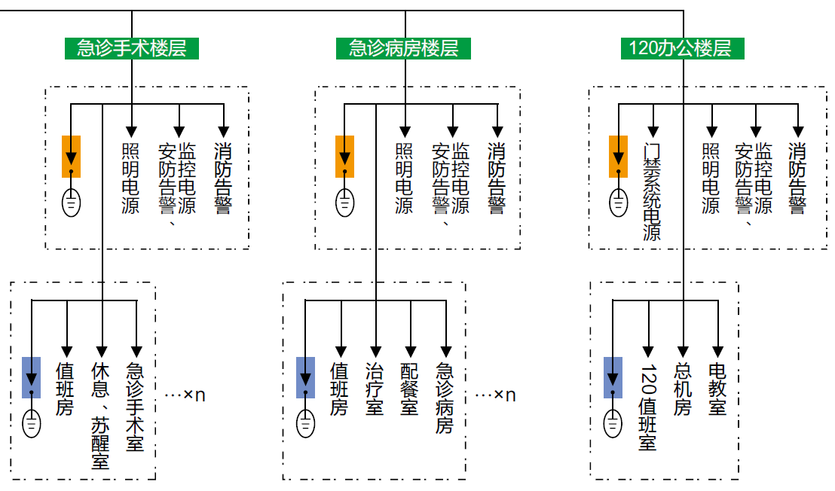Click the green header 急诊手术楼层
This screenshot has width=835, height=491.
131,49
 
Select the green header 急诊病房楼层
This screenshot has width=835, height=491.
404,49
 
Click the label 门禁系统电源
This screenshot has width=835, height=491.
652,191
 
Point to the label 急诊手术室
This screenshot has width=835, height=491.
136,408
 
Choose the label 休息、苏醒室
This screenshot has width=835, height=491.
101,416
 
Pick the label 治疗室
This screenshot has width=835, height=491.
375,389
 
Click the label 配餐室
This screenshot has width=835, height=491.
409,389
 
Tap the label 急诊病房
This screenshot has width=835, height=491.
445,398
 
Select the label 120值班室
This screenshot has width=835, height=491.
647,407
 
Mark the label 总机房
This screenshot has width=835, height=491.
683,389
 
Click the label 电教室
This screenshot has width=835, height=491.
717,389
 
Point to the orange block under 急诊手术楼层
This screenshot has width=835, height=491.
72,156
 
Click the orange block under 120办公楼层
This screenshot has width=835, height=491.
618,156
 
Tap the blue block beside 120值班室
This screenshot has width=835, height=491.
613,377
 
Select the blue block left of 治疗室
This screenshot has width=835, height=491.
305,377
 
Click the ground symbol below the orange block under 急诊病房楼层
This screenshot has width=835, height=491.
344,203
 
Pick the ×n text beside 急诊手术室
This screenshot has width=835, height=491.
185,395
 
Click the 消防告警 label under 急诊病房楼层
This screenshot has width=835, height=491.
497,178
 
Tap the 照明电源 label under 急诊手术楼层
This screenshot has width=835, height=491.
130,178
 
